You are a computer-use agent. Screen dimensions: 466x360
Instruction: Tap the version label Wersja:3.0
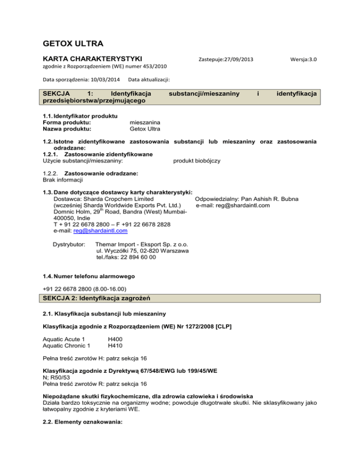point(304,60)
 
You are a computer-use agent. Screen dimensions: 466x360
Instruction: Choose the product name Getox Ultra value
point(144,129)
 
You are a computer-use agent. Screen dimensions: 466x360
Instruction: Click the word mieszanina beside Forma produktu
point(145,122)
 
